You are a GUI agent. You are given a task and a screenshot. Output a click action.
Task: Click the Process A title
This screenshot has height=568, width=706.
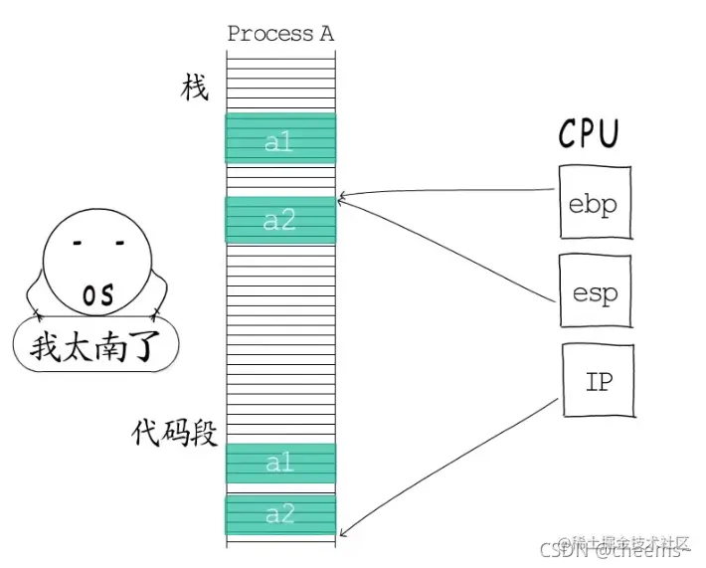pos(280,34)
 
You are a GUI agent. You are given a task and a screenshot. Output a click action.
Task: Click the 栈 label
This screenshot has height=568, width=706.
pos(194,88)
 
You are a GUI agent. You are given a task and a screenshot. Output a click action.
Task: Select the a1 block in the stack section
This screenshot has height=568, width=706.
pos(280,140)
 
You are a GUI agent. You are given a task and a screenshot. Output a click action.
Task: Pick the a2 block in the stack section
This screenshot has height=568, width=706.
pos(280,220)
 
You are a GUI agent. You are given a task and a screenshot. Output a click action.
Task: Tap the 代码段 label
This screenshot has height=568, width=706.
pos(175,434)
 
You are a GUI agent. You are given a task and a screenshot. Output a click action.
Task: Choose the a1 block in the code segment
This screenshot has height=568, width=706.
pos(280,463)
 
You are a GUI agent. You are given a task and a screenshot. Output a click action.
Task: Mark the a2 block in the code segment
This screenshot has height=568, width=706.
pos(280,514)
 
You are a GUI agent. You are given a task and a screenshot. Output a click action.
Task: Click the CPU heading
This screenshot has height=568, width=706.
pos(589,133)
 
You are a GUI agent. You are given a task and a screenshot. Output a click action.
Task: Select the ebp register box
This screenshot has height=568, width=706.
pos(594,203)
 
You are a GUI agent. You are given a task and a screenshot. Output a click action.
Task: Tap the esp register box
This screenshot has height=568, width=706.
pos(595,290)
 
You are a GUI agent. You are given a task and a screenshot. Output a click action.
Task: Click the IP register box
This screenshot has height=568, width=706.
pos(599,380)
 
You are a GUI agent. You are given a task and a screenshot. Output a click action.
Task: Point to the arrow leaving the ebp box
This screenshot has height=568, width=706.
pos(447,192)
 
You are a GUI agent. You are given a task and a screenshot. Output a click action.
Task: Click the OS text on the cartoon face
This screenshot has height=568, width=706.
pos(97,295)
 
